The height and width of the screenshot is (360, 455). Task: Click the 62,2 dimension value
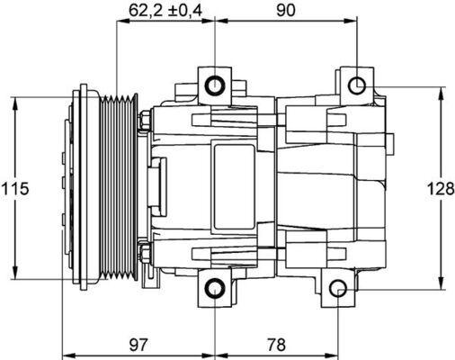[x=147, y=10]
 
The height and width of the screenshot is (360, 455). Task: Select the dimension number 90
[x=286, y=10]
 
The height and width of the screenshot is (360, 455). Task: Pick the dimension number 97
[x=137, y=345]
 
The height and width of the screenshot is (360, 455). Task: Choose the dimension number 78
[x=276, y=345]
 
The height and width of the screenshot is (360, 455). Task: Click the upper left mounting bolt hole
[x=215, y=86]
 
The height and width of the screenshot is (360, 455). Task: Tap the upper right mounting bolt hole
[x=357, y=85]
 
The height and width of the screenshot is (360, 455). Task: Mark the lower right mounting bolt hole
[x=337, y=290]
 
